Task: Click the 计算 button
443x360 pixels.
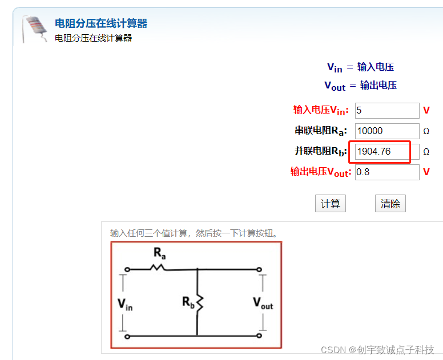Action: pyautogui.click(x=331, y=204)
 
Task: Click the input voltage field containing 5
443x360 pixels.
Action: pyautogui.click(x=387, y=111)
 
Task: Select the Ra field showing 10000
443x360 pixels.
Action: pyautogui.click(x=387, y=131)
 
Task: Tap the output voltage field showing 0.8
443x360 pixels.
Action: pyautogui.click(x=387, y=172)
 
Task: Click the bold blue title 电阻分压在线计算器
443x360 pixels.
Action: pyautogui.click(x=101, y=23)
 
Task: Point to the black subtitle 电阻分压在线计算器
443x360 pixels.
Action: pyautogui.click(x=93, y=38)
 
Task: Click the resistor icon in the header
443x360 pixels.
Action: pyautogui.click(x=34, y=29)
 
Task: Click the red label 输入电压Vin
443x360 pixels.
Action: pyautogui.click(x=321, y=111)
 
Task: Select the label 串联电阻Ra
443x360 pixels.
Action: pyautogui.click(x=320, y=131)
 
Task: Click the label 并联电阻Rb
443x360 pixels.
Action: pyautogui.click(x=320, y=152)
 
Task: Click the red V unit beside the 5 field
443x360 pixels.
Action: pyautogui.click(x=426, y=111)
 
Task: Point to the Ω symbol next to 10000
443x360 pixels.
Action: pyautogui.click(x=426, y=131)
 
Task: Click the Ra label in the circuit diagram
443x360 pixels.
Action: pyautogui.click(x=159, y=253)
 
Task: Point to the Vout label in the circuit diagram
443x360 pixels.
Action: pyautogui.click(x=263, y=303)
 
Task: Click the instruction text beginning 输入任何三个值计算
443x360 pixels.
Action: pyautogui.click(x=194, y=233)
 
